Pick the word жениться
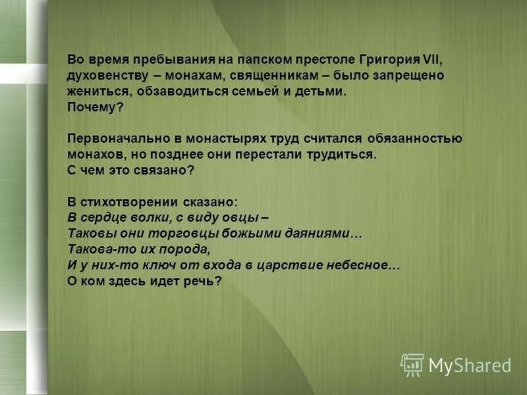[92, 92]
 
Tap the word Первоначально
[109, 139]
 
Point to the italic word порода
[184, 250]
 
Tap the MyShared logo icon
[412, 365]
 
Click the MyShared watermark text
[469, 365]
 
